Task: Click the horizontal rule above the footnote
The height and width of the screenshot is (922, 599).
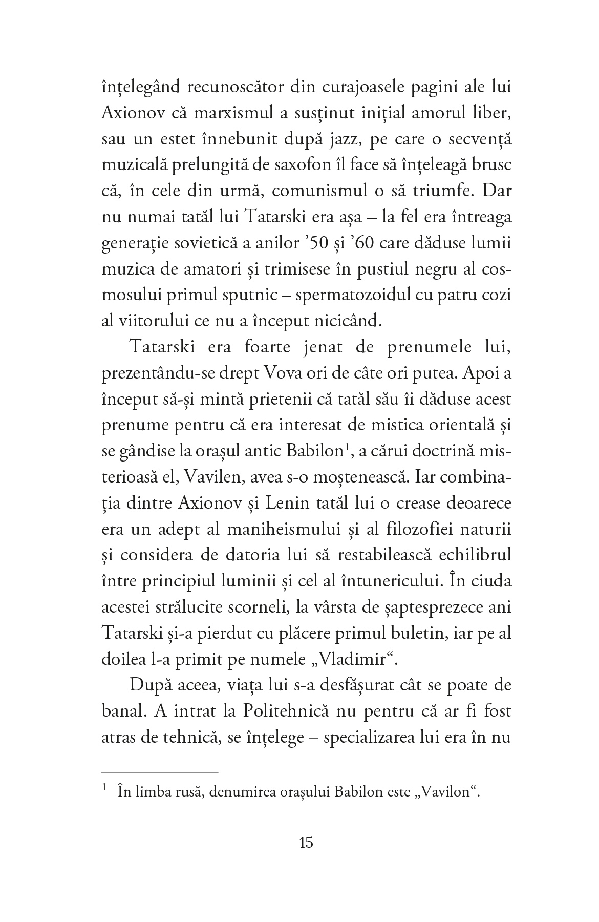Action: click(x=160, y=772)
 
